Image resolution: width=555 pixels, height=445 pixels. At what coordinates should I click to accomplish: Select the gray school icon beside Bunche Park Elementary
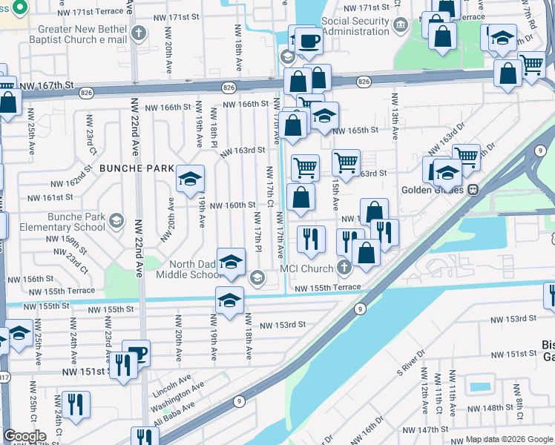(x=116, y=221)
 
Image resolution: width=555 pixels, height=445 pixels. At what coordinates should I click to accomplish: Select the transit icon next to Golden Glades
(x=472, y=189)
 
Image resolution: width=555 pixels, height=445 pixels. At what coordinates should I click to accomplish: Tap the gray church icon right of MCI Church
(x=343, y=268)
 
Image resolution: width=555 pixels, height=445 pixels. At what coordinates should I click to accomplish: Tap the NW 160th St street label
(x=233, y=205)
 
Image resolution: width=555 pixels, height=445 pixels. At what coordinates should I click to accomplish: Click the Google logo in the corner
(x=24, y=436)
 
